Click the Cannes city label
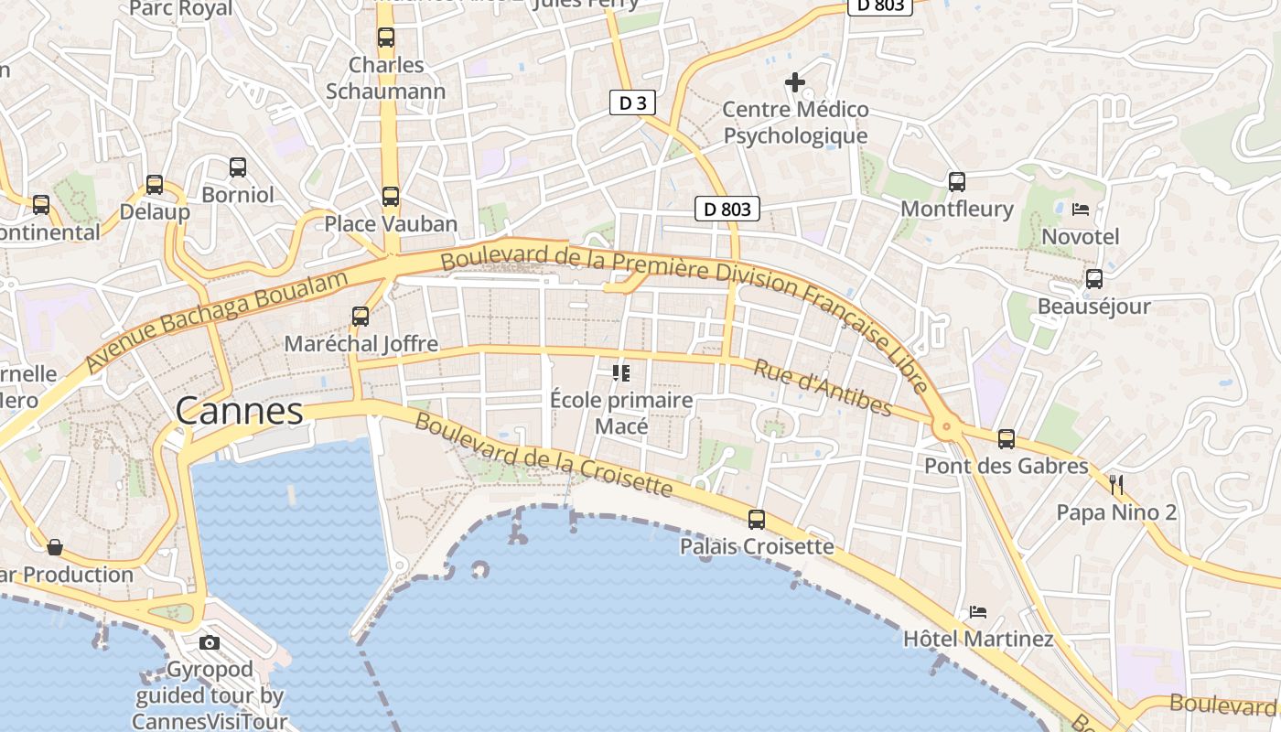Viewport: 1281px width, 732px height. click(x=239, y=411)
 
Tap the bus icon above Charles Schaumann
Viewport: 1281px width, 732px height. click(x=386, y=38)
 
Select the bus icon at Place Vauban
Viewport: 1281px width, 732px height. click(x=391, y=197)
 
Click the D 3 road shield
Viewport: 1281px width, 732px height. click(x=632, y=103)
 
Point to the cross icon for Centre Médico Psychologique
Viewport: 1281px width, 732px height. click(x=795, y=83)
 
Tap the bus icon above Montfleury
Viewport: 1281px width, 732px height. click(x=957, y=182)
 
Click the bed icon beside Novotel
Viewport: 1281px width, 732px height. click(x=1081, y=210)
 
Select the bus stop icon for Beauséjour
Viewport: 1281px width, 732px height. click(x=1094, y=279)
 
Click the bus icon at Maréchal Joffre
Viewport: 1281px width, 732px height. click(x=361, y=317)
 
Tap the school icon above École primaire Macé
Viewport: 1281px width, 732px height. click(x=622, y=373)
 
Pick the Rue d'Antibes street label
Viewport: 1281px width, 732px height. click(x=822, y=386)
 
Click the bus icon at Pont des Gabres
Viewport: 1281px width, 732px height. click(x=1006, y=439)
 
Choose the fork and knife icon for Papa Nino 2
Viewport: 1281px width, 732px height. click(x=1116, y=484)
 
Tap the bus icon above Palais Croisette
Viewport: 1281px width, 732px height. click(x=757, y=520)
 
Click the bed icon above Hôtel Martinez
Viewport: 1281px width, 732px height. click(x=978, y=611)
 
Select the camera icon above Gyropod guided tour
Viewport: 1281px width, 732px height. click(x=210, y=642)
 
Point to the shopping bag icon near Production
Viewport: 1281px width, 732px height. click(x=55, y=547)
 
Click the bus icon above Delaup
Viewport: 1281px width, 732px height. click(x=155, y=185)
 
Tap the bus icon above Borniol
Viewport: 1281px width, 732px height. click(x=238, y=167)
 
